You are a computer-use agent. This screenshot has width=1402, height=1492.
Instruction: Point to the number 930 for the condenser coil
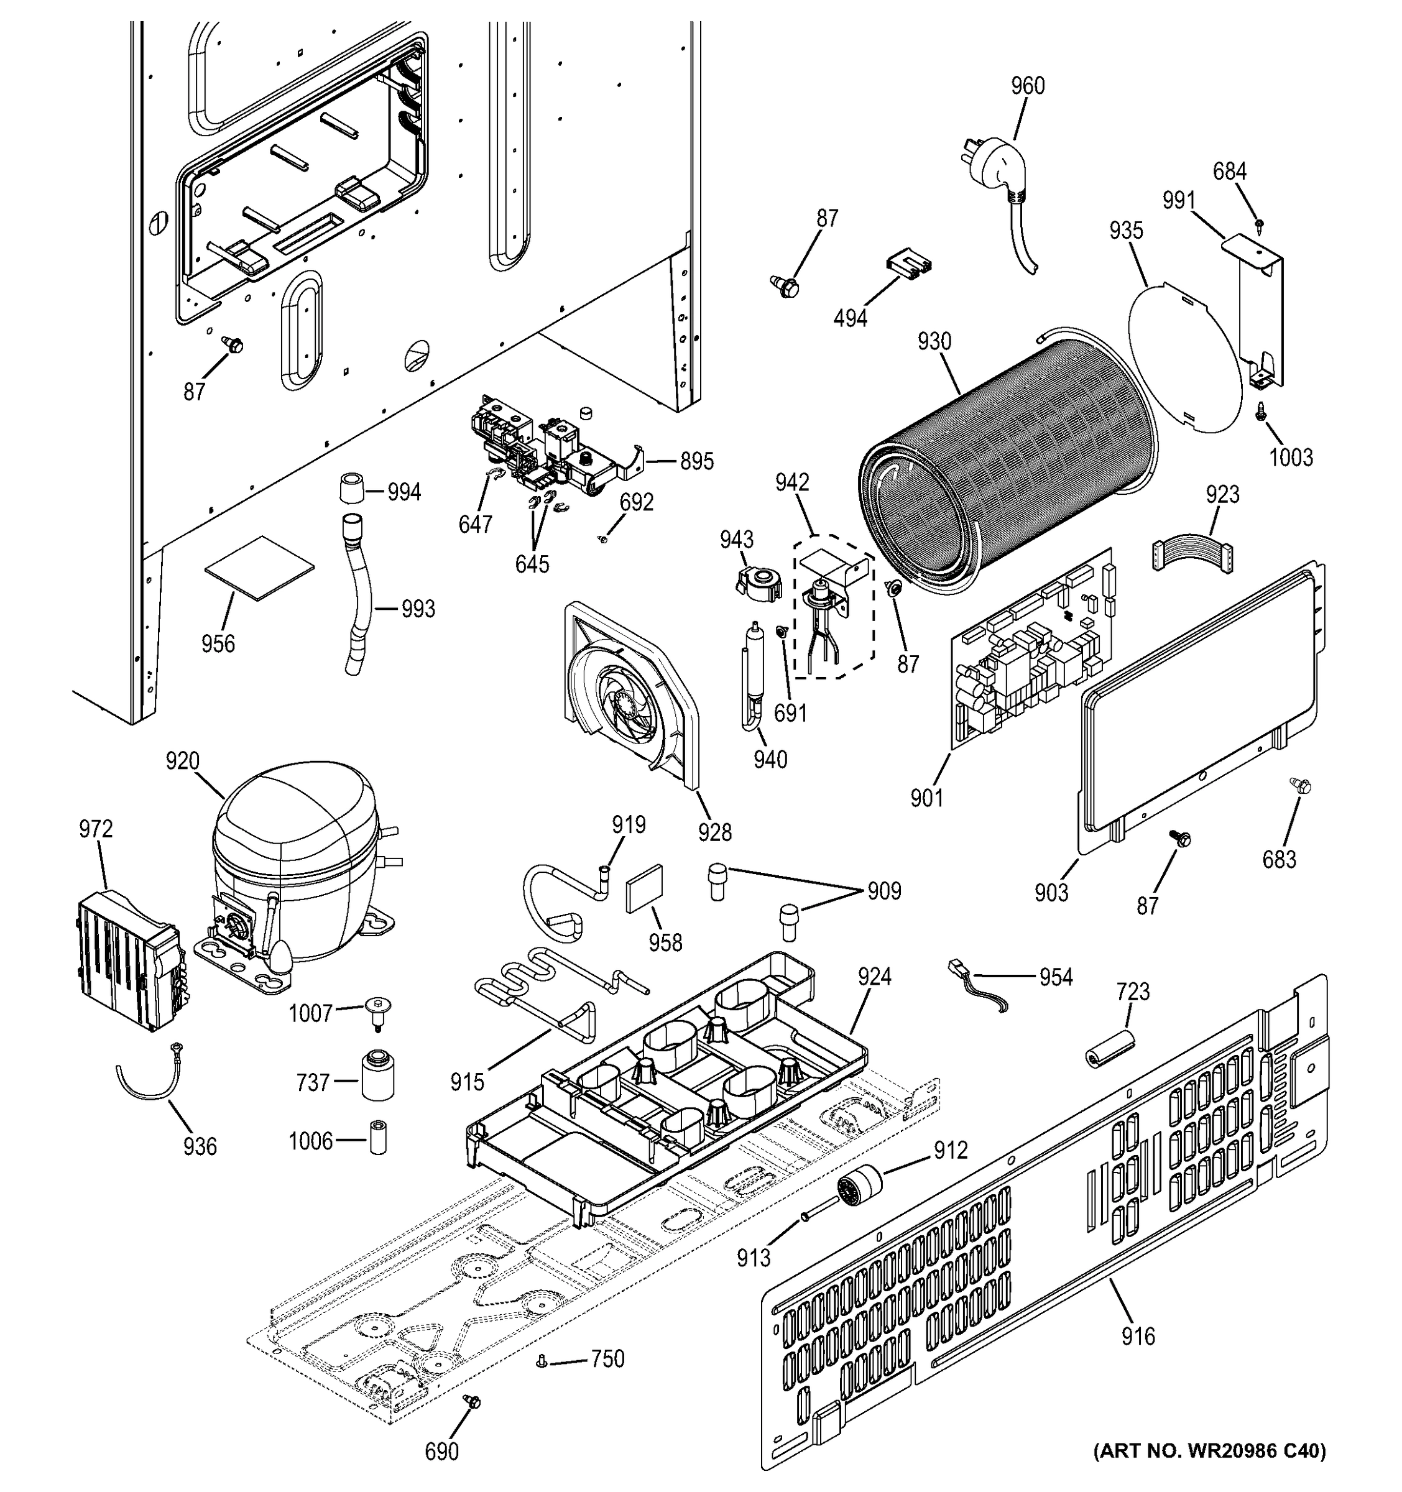934,343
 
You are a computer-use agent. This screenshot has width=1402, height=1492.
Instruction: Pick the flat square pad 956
259,568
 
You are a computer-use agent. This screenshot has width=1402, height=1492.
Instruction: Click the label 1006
310,1141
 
